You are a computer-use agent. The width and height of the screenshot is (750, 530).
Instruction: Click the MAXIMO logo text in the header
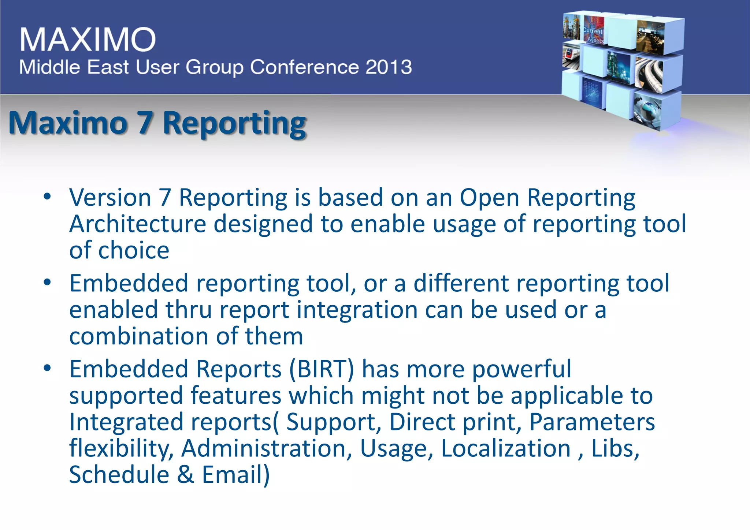coord(88,39)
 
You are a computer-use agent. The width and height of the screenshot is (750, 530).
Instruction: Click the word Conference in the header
coord(305,67)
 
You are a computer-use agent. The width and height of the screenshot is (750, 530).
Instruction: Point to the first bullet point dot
coord(47,197)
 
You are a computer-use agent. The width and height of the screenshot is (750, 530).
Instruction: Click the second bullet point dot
coord(47,283)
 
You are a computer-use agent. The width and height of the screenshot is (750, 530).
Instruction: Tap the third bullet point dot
coord(47,368)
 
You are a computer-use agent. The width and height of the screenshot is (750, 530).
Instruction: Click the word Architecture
coord(138,224)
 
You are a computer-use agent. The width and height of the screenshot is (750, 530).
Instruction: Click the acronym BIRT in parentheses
coord(322,369)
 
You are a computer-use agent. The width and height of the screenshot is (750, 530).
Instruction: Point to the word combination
coord(138,336)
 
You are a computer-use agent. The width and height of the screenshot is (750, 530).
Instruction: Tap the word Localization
coord(506,449)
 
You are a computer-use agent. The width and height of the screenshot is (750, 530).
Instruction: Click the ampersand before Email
coord(186,475)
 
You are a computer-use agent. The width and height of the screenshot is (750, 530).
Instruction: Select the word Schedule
coord(119,475)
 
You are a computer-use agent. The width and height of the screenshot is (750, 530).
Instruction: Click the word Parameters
coord(592,422)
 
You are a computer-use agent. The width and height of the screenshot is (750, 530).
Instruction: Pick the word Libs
coord(615,449)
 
